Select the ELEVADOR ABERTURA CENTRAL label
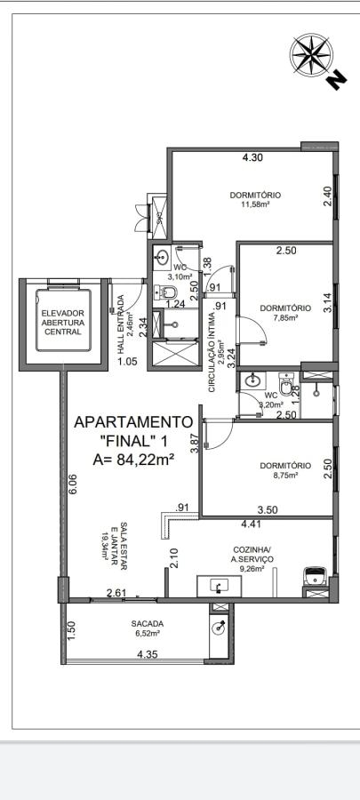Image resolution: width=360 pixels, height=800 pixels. click(61, 323)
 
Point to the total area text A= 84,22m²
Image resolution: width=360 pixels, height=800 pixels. click(133, 459)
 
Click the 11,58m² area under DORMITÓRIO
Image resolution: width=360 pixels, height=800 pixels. click(255, 204)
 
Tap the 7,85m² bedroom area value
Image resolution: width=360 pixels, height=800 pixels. click(285, 317)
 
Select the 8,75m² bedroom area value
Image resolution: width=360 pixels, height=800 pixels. click(285, 475)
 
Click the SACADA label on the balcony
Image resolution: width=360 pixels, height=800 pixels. click(148, 623)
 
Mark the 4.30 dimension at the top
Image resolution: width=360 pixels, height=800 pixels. click(253, 158)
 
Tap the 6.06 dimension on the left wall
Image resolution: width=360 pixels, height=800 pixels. click(73, 485)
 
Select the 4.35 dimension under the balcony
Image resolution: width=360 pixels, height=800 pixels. click(148, 655)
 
